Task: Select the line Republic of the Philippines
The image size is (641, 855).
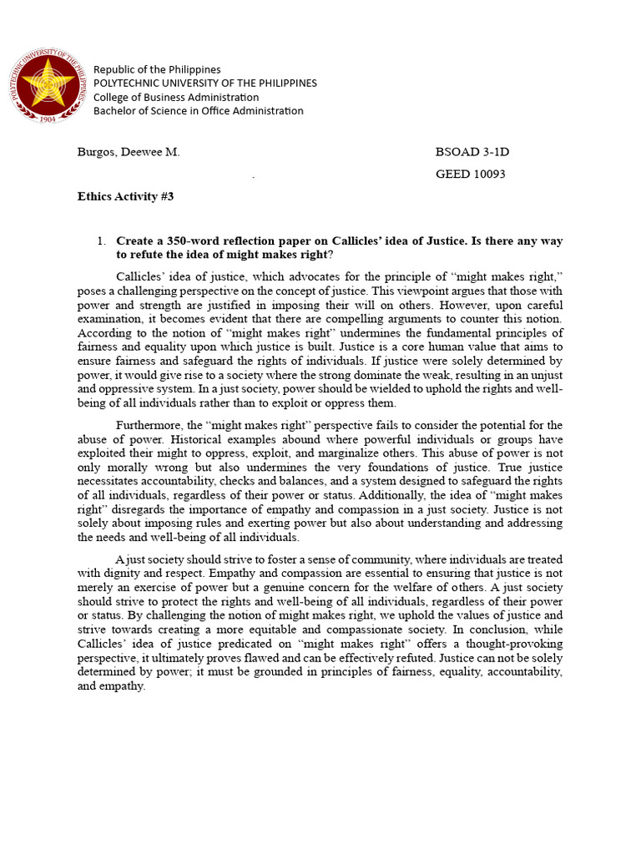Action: tap(157, 69)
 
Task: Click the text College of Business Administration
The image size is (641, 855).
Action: tap(176, 97)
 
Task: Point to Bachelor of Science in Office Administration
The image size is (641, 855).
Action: tap(199, 111)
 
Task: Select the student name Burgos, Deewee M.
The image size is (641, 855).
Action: tap(129, 152)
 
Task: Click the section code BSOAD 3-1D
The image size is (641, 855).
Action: tap(472, 152)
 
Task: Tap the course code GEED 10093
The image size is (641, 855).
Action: tap(471, 175)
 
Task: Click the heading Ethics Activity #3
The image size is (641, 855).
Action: tap(125, 197)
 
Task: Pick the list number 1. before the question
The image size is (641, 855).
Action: tap(100, 241)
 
